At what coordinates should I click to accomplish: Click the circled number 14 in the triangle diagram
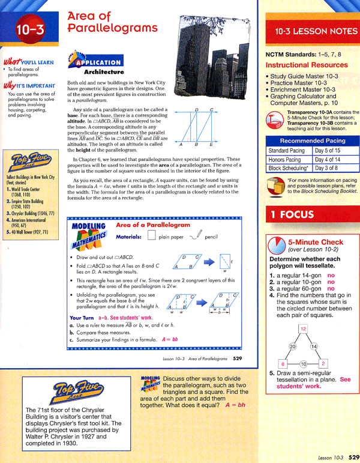pos(313,346)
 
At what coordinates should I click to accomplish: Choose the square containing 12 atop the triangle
pos(303,328)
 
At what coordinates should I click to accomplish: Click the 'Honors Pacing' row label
pos(285,159)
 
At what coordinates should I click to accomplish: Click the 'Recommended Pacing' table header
pos(313,140)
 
